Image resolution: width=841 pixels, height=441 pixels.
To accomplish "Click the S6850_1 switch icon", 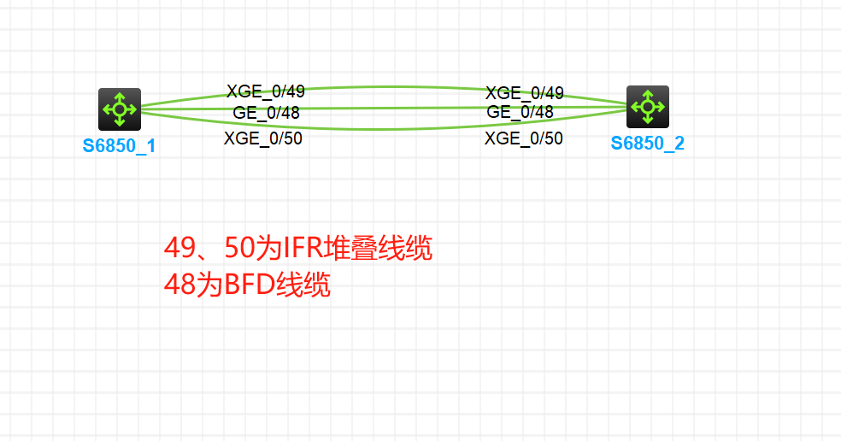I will coord(119,109).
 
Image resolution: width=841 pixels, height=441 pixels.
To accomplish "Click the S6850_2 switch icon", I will coord(647,107).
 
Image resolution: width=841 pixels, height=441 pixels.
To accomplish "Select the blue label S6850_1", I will coord(119,145).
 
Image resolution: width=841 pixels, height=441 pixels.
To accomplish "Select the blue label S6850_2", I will coord(647,143).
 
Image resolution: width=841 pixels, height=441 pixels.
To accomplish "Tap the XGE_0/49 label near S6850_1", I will coord(265,92).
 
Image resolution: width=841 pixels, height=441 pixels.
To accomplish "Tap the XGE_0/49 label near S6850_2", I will coord(524,93).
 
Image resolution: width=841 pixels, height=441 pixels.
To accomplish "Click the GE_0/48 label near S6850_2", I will coord(520,112).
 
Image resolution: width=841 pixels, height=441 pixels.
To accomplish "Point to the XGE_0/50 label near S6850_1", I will coord(262,138).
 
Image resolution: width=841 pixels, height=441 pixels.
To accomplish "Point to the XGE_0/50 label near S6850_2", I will coord(523,138).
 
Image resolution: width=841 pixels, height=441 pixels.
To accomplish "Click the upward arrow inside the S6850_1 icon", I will coord(119,97).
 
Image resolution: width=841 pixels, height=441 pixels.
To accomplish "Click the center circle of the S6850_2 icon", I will coord(647,107).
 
